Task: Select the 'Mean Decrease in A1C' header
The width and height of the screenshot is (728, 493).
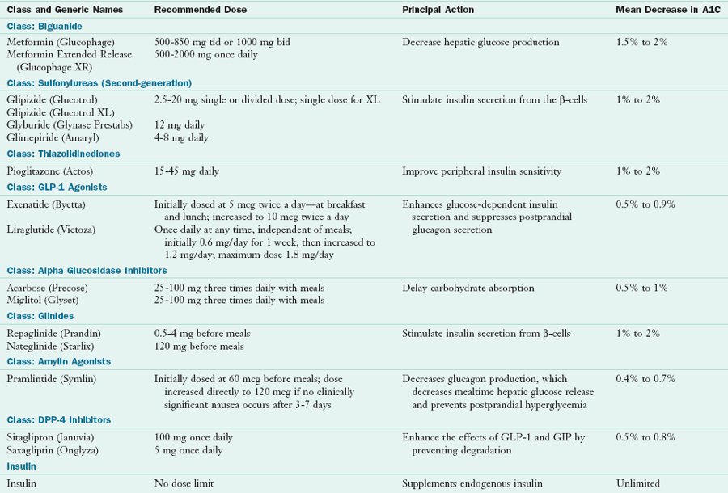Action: point(666,10)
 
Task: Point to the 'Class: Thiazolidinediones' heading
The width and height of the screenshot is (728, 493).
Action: point(63,154)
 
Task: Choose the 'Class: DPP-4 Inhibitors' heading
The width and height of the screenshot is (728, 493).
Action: point(59,420)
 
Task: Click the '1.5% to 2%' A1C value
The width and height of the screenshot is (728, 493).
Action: point(641,42)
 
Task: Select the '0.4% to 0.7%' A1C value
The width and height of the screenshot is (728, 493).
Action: point(646,379)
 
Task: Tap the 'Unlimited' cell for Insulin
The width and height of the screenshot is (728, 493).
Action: point(638,485)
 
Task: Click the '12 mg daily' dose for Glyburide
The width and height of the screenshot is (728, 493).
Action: point(180,125)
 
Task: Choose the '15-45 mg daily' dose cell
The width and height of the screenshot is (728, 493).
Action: point(186,171)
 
